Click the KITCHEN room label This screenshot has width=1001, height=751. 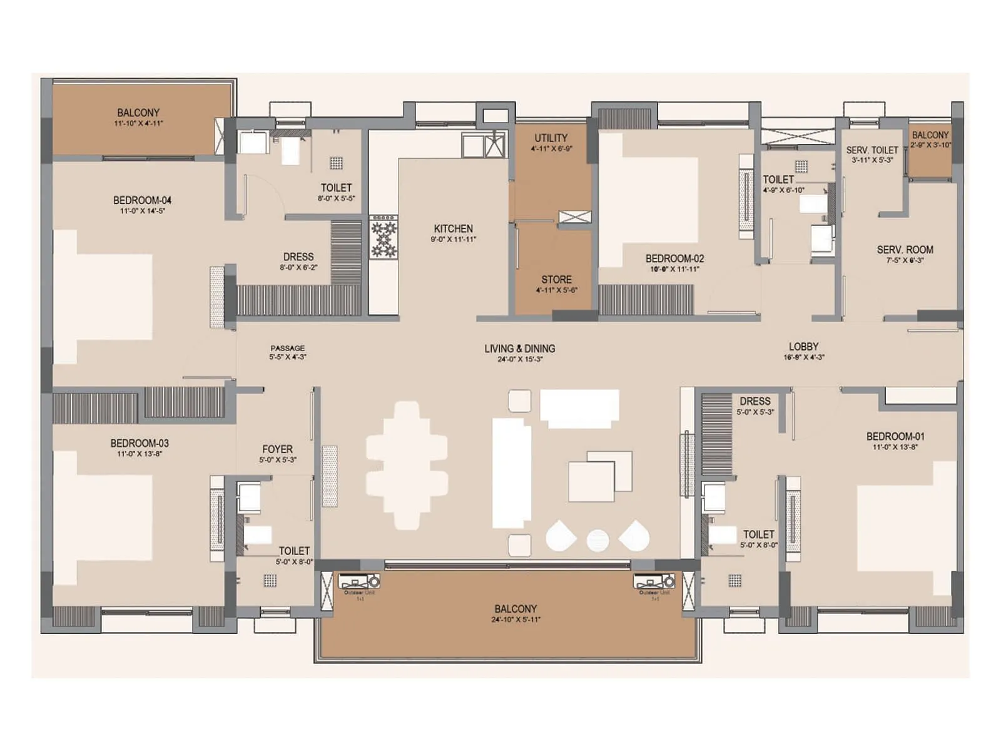(453, 228)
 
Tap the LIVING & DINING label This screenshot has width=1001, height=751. (519, 349)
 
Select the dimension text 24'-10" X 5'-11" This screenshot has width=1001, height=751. (516, 620)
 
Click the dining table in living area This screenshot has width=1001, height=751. (407, 466)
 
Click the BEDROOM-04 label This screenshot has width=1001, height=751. (142, 200)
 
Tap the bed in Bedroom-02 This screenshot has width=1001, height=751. (651, 200)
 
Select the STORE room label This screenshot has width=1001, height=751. (556, 280)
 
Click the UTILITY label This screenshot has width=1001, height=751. (551, 138)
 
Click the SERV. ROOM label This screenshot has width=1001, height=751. (905, 250)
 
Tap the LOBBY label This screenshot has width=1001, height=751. (803, 346)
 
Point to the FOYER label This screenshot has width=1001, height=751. (277, 449)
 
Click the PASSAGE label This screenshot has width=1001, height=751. (288, 348)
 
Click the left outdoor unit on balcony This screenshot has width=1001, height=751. (359, 582)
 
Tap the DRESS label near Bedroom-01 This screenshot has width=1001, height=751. (755, 401)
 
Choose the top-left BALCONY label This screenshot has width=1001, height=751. (138, 113)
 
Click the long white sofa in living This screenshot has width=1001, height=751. (511, 473)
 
